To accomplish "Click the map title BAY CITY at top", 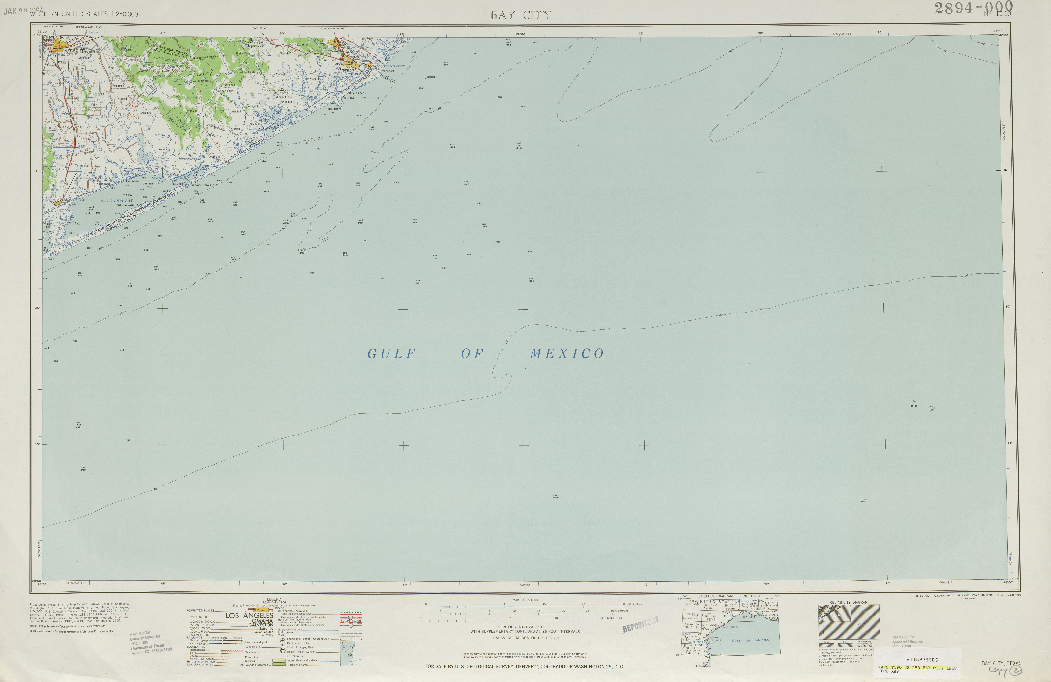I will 520,15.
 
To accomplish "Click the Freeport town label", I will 348,69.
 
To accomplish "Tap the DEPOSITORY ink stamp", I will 640,624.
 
